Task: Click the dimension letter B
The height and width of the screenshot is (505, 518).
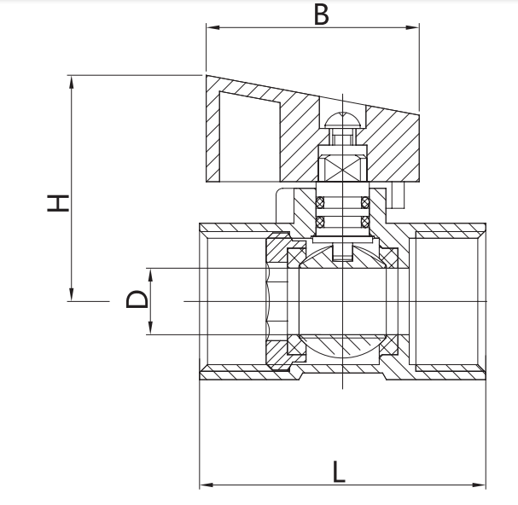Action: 322,15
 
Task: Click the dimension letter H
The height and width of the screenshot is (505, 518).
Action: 58,203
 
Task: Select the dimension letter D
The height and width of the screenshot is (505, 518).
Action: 137,299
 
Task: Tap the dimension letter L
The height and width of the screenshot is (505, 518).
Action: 339,472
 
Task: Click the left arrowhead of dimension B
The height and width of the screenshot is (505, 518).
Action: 212,27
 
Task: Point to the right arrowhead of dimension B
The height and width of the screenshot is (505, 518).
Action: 412,27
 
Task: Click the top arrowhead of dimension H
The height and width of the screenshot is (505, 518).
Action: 71,82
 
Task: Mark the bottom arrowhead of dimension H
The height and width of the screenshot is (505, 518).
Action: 71,294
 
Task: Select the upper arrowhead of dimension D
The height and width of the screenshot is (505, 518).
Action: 150,275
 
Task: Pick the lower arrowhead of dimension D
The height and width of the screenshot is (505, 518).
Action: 150,328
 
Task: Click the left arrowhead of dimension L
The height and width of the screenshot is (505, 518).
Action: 207,485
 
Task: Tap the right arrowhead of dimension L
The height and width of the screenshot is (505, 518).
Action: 479,485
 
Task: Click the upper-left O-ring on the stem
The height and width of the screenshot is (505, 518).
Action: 320,202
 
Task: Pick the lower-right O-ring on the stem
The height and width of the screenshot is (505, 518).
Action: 365,222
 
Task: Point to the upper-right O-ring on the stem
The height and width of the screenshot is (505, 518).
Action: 365,202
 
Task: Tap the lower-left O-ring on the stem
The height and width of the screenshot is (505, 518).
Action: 320,222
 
